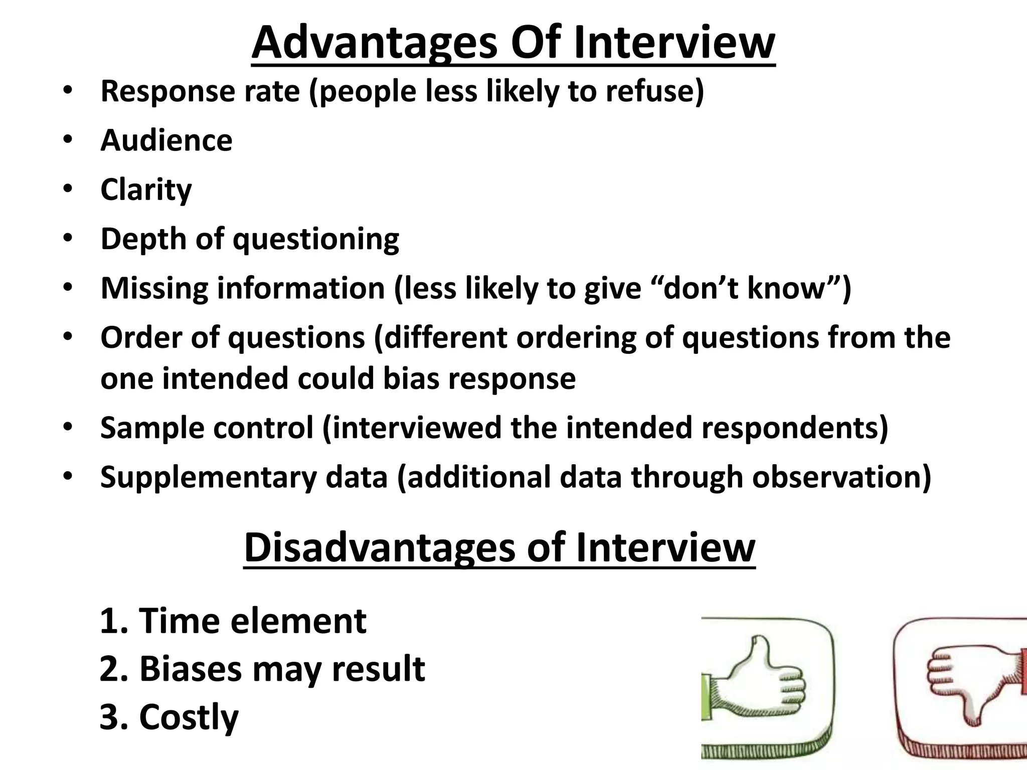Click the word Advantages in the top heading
374,43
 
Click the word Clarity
146,189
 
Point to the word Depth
143,239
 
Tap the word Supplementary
209,477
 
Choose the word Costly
188,717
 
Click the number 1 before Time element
109,621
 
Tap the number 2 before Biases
110,669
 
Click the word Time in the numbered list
178,621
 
